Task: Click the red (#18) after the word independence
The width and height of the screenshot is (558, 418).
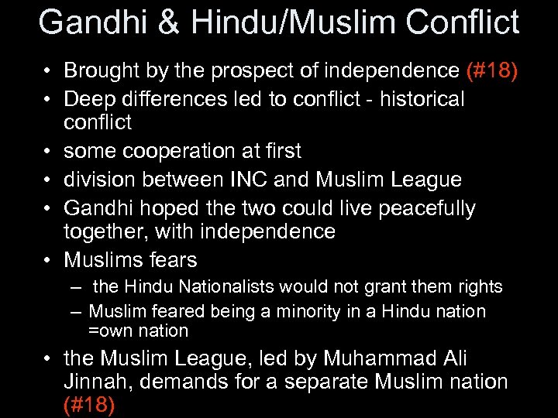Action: point(492,71)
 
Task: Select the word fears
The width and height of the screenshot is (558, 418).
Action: point(174,259)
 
